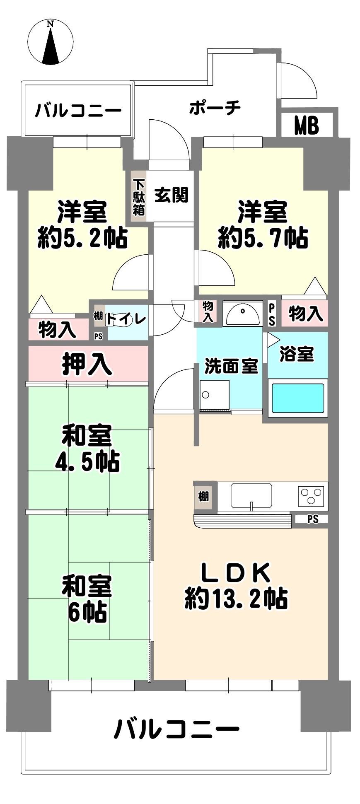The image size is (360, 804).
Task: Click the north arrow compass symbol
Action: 51,43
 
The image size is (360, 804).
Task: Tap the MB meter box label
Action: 307,125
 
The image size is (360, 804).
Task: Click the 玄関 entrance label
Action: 172,194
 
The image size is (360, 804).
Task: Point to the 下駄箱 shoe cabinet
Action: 139,197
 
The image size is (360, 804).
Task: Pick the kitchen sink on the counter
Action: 251,496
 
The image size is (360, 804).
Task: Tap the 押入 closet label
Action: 87,364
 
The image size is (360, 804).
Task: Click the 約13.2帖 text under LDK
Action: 237,598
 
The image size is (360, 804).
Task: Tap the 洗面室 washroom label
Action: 232,367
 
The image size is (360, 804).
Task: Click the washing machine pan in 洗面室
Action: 214,394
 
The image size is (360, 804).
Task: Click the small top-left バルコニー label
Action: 78,110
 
